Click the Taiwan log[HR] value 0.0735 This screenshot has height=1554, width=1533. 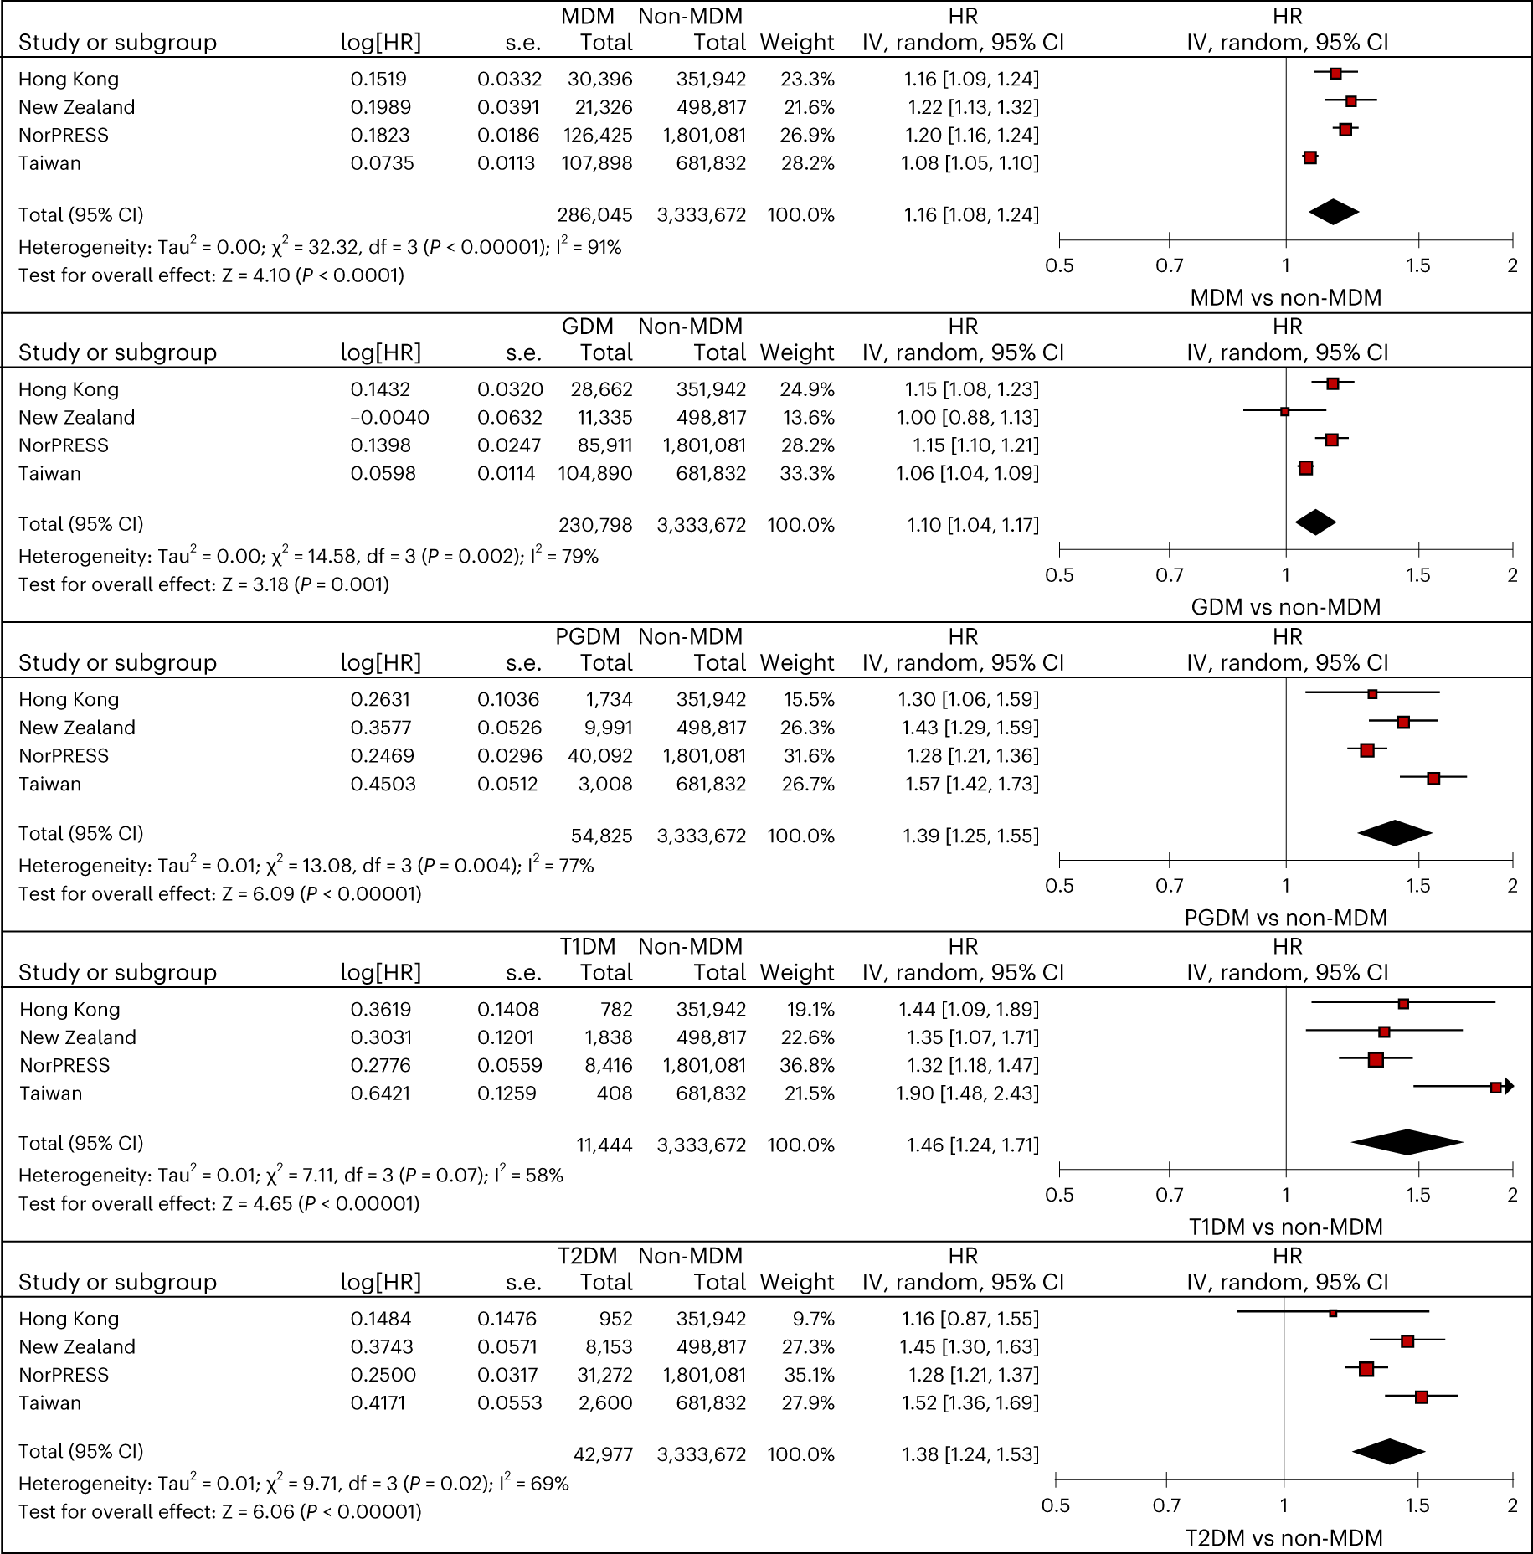point(382,163)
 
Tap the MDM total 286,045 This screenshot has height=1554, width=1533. point(594,215)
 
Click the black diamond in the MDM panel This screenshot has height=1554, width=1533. point(1333,212)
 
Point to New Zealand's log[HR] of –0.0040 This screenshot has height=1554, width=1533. point(390,417)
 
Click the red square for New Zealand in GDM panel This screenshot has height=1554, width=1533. point(1285,411)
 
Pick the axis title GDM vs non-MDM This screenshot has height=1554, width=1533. point(1285,607)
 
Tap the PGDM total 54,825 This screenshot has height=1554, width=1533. point(601,836)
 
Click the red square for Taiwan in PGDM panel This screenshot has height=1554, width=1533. point(1433,778)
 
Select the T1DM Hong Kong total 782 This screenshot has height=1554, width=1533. point(616,1010)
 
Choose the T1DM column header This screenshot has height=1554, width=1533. point(588,946)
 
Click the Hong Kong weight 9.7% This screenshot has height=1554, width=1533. point(813,1319)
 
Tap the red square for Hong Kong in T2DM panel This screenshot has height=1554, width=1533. point(1333,1313)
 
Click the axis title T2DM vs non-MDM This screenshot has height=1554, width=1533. point(1284,1537)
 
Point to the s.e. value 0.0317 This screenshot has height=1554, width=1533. point(507,1375)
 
